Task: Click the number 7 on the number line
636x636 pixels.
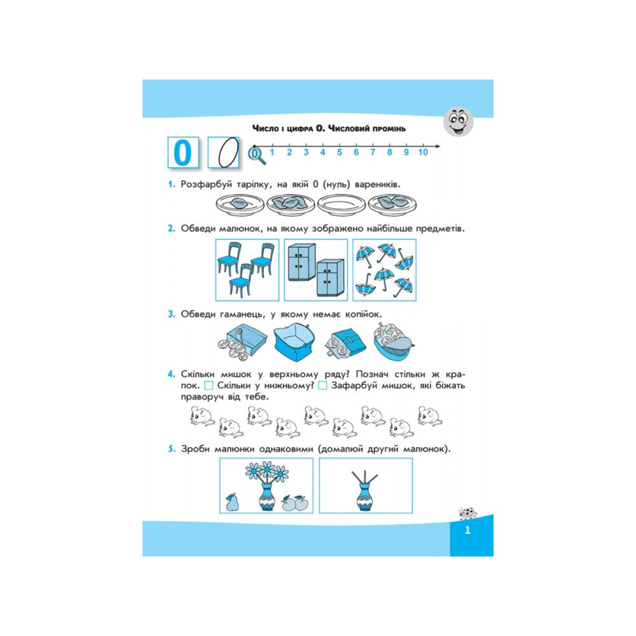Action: click(373, 152)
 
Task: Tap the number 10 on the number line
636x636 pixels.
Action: click(423, 152)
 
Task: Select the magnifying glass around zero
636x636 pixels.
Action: click(257, 156)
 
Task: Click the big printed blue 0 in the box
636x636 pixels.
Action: click(182, 153)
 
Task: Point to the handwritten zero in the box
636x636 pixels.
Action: click(228, 152)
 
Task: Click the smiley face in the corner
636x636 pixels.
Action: click(458, 121)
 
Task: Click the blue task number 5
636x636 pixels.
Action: click(171, 449)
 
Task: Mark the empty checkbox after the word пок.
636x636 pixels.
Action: click(209, 385)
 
